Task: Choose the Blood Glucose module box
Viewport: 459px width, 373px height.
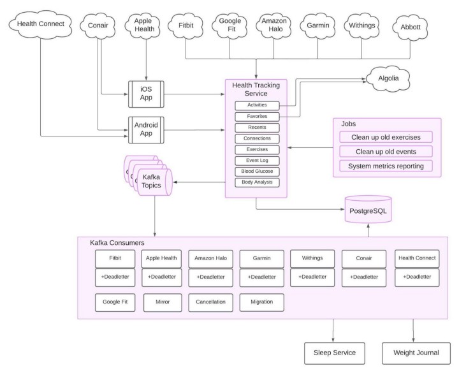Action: point(256,172)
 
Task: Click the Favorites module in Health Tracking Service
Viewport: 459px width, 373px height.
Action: point(256,117)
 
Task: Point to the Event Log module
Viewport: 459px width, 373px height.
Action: point(256,161)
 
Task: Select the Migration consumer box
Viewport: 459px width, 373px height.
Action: point(262,302)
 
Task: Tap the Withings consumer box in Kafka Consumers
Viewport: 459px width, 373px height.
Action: point(311,258)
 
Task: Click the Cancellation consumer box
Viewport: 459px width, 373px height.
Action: point(211,302)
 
